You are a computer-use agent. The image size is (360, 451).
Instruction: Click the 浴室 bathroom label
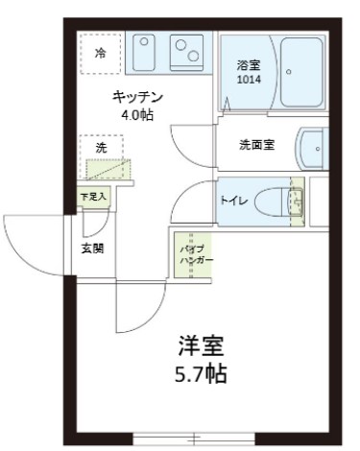pyautogui.click(x=249, y=65)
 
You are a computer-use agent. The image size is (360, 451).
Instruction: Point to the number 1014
pyautogui.click(x=249, y=80)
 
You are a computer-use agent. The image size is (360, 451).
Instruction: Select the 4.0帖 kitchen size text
pyautogui.click(x=138, y=114)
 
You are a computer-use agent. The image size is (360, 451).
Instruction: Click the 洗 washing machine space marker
pyautogui.click(x=101, y=148)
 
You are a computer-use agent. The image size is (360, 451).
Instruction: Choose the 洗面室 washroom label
pyautogui.click(x=257, y=146)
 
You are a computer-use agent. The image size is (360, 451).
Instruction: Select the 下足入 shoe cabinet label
pyautogui.click(x=93, y=197)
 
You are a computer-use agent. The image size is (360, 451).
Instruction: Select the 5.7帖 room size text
pyautogui.click(x=201, y=372)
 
